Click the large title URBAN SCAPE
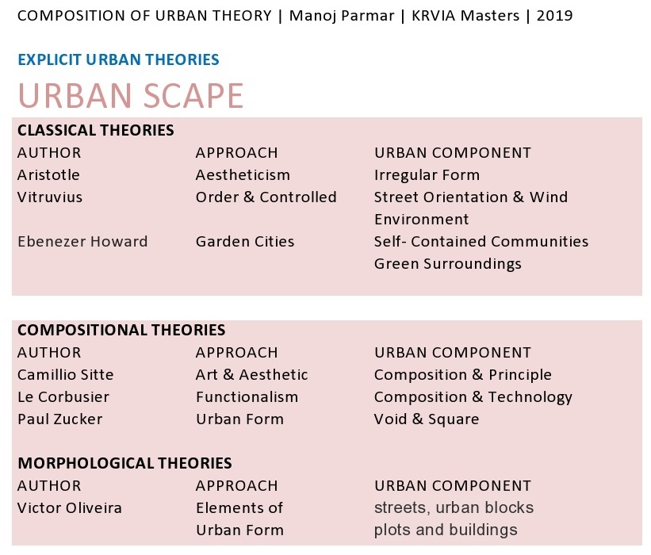click(131, 95)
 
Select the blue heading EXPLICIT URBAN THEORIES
click(118, 59)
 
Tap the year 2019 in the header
click(555, 16)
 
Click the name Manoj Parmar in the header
click(342, 16)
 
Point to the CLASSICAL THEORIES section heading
click(96, 130)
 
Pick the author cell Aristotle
click(48, 174)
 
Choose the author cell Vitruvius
click(50, 197)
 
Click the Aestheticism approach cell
click(243, 174)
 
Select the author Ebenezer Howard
click(82, 242)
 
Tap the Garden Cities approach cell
click(245, 242)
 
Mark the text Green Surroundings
click(447, 264)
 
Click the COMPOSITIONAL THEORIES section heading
click(121, 330)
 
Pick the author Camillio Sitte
click(66, 375)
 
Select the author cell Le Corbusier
click(63, 397)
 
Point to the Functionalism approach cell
click(247, 397)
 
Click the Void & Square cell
click(427, 419)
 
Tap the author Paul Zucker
click(60, 419)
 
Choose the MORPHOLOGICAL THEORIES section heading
click(125, 463)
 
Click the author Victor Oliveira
click(70, 508)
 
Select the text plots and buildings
click(446, 530)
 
